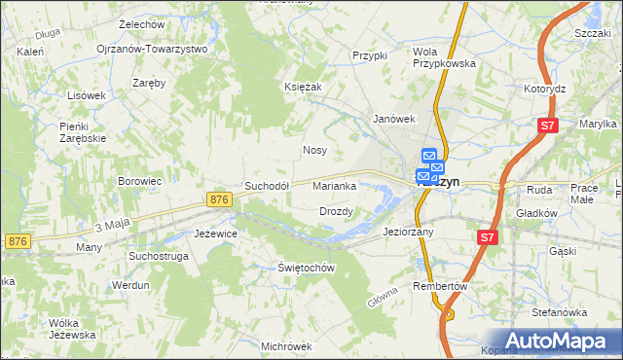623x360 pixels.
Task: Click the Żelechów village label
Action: tap(140, 23)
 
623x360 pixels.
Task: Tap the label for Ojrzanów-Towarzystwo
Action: tap(152, 49)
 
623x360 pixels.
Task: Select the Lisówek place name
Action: tap(86, 95)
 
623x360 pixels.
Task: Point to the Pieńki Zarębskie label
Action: tap(82, 132)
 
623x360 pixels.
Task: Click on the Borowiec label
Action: tap(139, 181)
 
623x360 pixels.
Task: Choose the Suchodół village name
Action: tap(267, 186)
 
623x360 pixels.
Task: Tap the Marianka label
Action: tap(339, 186)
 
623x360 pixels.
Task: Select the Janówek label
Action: tap(394, 119)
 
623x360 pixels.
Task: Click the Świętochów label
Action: tap(306, 268)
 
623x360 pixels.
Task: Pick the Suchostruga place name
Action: tap(157, 256)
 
